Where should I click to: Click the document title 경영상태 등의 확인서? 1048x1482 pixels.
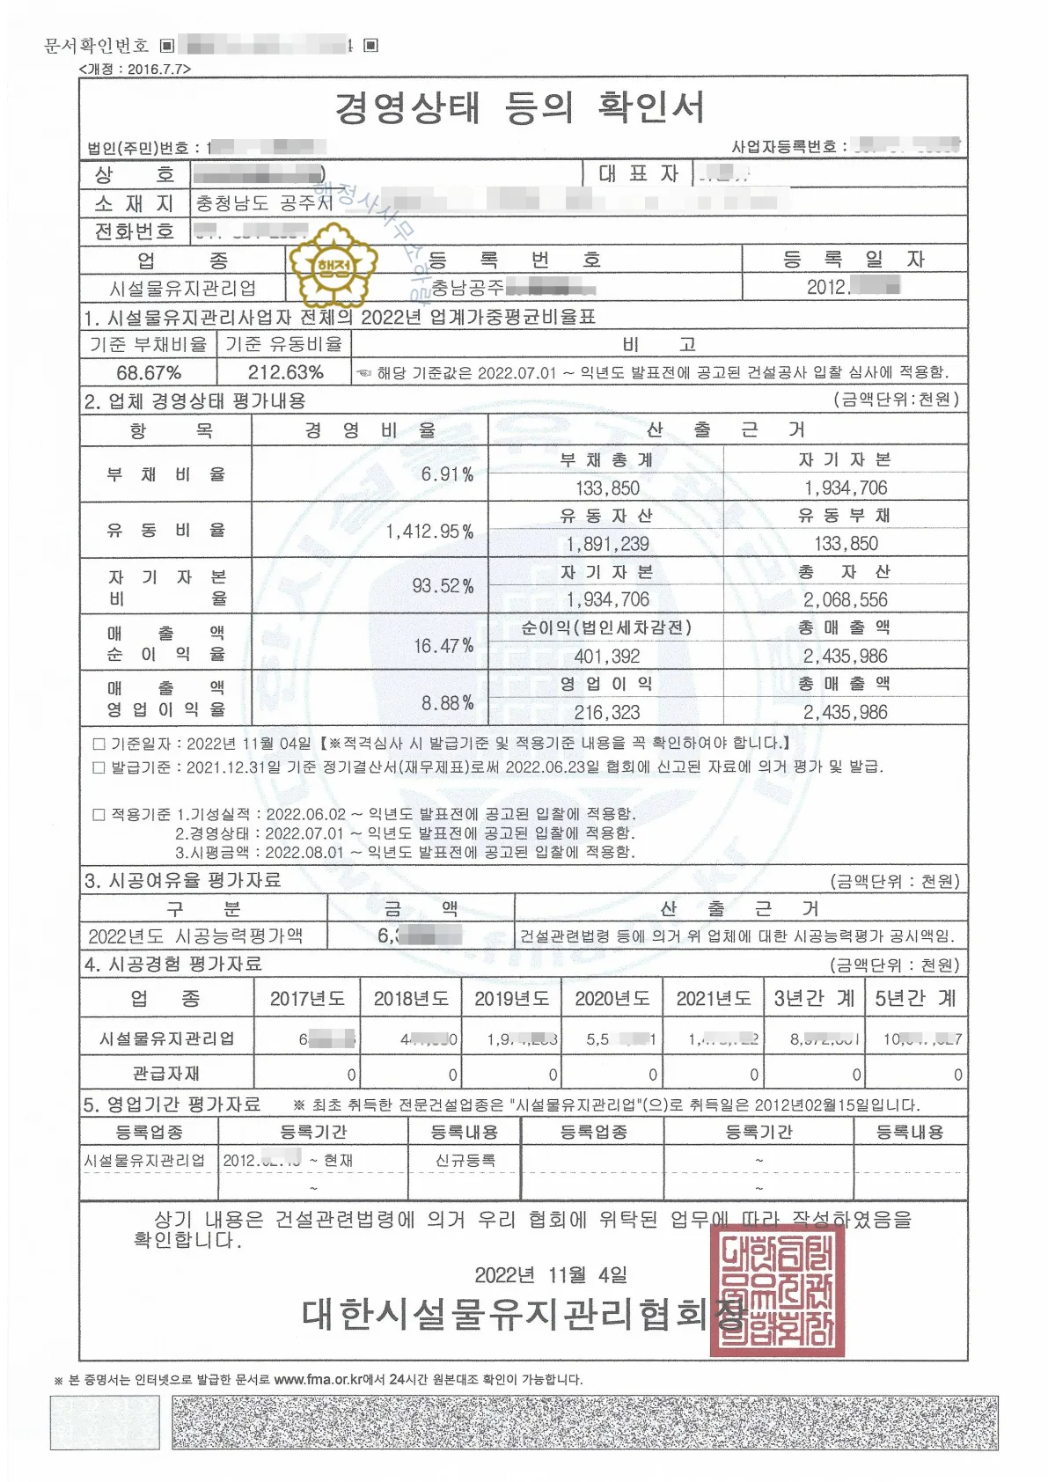pos(519,107)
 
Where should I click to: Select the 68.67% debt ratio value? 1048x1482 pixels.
pos(149,372)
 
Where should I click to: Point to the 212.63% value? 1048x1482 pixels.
pos(285,372)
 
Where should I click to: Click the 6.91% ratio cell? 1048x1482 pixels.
pos(447,474)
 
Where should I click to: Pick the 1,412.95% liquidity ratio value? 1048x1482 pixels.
pos(429,531)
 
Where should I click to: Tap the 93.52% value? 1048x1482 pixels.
pos(443,586)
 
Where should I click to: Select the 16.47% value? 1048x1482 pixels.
pos(443,646)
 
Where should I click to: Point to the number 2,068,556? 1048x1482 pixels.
pos(845,599)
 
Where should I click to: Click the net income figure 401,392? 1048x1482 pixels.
pos(607,656)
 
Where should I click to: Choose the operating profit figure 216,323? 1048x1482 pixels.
pos(607,712)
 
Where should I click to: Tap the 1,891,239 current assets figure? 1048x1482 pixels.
pos(607,544)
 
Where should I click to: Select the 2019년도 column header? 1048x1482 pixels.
pos(512,998)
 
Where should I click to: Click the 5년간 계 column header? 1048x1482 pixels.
pos(916,998)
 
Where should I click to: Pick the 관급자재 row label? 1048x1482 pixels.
pos(166,1074)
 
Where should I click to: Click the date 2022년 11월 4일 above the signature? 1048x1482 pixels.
pos(551,1274)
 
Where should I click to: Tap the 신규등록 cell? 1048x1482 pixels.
pos(465,1160)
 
